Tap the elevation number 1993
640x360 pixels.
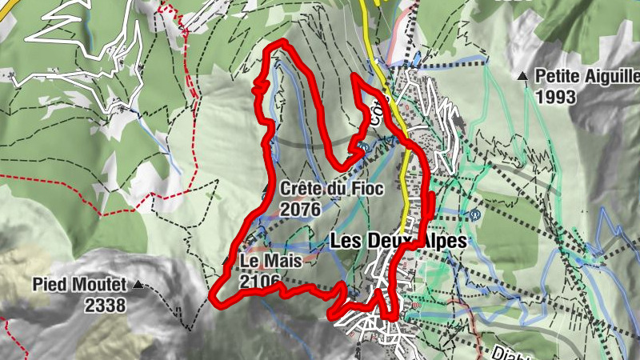click(558, 97)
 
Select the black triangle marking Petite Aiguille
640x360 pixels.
click(523, 78)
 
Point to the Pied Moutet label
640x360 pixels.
click(79, 284)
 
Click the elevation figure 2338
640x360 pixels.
click(105, 305)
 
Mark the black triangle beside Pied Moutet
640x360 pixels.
click(139, 284)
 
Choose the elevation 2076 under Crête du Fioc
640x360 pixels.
click(301, 210)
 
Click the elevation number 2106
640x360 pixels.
click(260, 281)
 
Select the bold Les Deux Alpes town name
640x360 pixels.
click(398, 239)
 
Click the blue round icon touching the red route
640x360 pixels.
click(363, 147)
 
